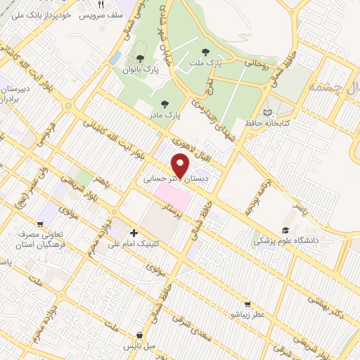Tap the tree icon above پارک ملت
[205, 51]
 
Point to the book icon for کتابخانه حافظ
[266, 112]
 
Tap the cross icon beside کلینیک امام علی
[134, 232]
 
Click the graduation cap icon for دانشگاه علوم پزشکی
[285, 231]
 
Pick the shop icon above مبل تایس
[140, 335]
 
